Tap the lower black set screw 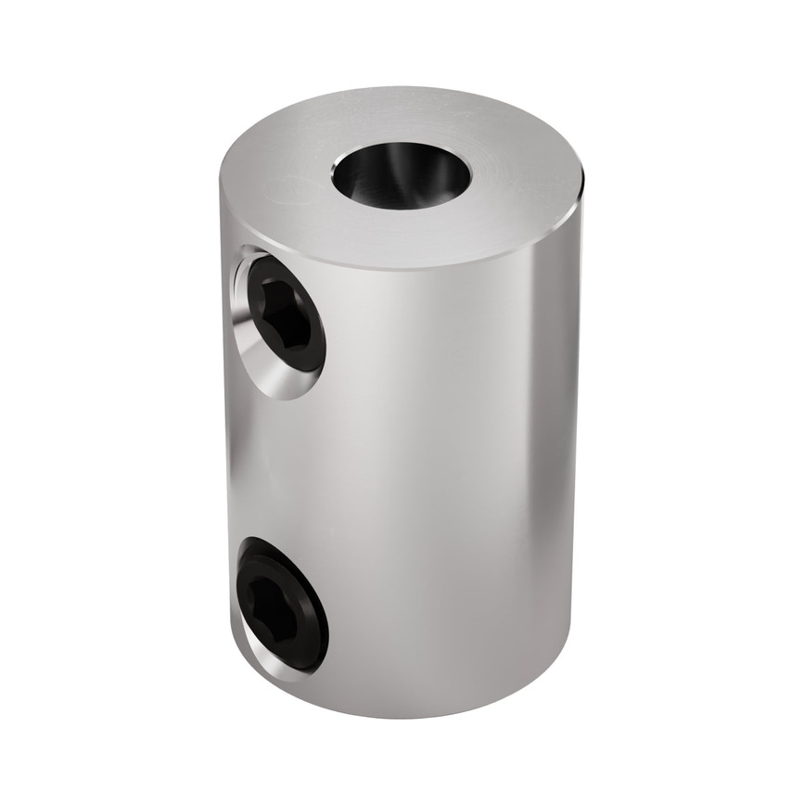click(282, 604)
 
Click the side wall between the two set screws click(278, 464)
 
